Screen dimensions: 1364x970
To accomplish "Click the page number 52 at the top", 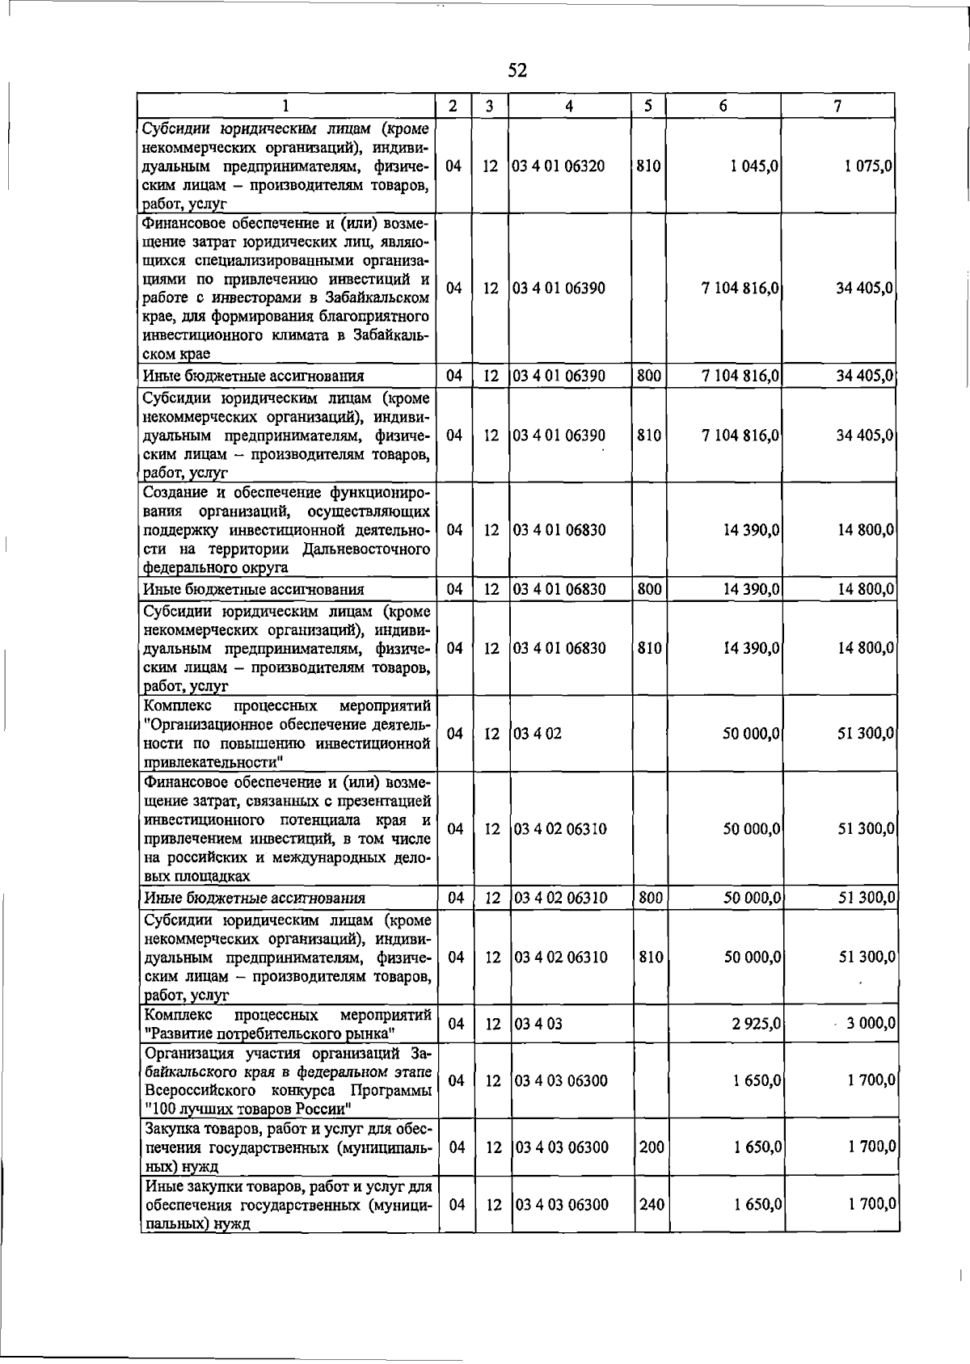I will click(x=517, y=71).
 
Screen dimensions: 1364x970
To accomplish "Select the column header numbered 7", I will click(x=838, y=106).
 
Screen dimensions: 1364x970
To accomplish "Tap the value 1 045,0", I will click(x=749, y=166).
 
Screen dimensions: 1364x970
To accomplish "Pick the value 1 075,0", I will click(x=865, y=166).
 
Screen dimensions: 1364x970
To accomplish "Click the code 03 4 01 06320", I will click(x=559, y=166).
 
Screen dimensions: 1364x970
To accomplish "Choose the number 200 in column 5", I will click(x=652, y=1147).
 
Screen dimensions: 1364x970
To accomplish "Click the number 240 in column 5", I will click(x=652, y=1204).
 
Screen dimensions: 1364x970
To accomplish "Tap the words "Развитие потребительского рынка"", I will click(x=268, y=1034).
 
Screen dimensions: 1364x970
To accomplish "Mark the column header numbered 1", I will click(x=287, y=106).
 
